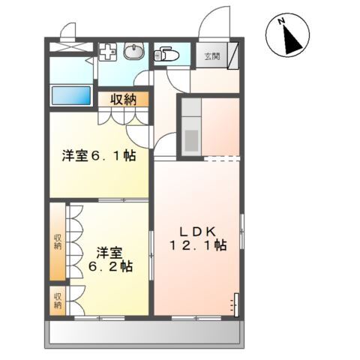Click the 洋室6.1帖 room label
pos(97,157)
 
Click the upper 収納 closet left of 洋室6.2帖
pos(58,241)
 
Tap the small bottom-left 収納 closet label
pos(58,300)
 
